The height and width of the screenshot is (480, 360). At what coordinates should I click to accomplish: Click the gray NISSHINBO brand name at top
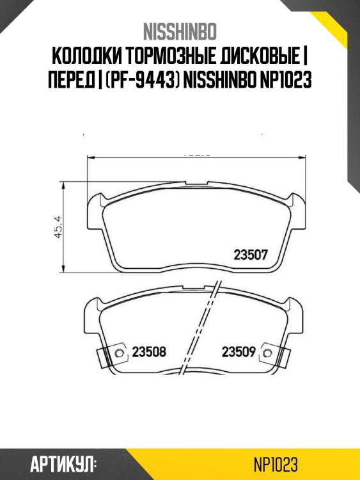[x=180, y=31]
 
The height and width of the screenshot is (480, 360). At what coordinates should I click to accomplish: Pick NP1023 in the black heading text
[x=287, y=83]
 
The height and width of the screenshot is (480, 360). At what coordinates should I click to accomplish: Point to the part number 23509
[x=239, y=351]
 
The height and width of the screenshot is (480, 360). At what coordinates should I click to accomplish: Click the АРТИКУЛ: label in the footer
[x=62, y=462]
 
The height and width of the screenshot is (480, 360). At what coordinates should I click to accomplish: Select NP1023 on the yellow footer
[x=276, y=462]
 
